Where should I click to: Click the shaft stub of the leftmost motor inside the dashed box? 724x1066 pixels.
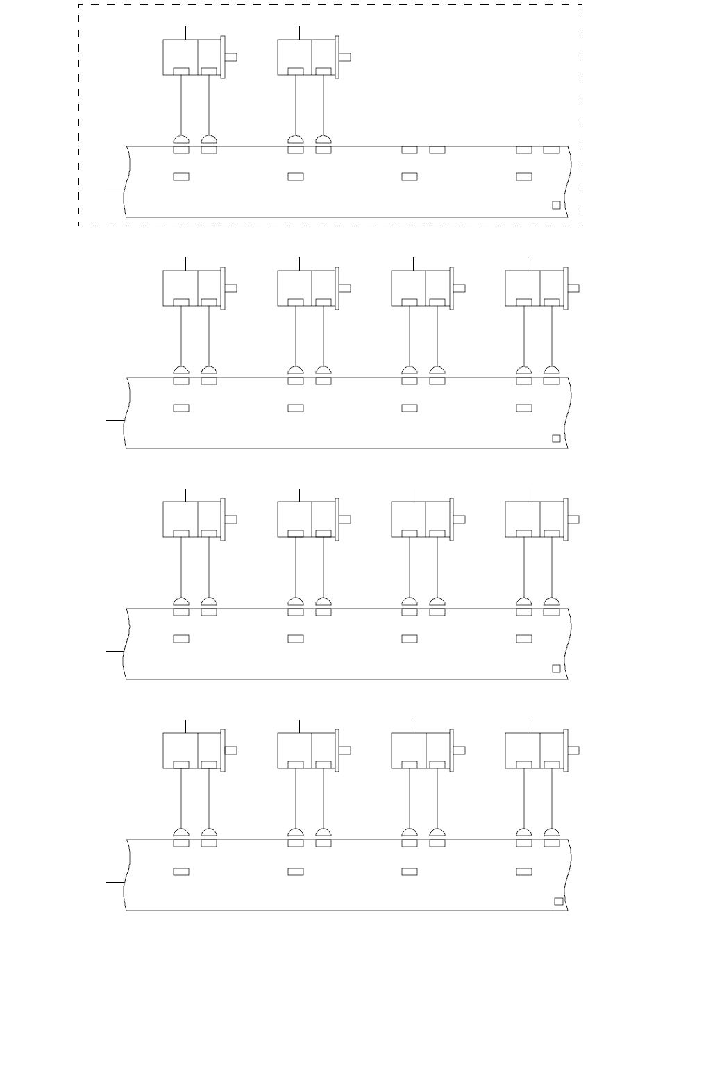click(230, 57)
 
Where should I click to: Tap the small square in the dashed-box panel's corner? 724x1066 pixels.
click(556, 205)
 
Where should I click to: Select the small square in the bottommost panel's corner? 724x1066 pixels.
click(559, 902)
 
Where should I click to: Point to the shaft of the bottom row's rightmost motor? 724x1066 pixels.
click(573, 750)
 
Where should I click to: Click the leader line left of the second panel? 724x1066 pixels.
click(115, 420)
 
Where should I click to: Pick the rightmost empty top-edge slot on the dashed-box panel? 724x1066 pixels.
click(551, 150)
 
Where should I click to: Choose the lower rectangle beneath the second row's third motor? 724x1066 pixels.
click(410, 408)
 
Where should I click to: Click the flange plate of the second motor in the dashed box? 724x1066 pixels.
click(337, 57)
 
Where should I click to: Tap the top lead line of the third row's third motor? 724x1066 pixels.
click(414, 495)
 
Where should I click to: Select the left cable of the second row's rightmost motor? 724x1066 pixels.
click(524, 336)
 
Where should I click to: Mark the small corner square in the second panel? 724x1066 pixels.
click(556, 439)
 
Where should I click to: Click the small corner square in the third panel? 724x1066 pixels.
click(556, 668)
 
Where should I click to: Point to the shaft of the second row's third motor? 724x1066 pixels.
click(460, 288)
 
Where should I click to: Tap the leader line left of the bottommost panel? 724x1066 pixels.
click(115, 883)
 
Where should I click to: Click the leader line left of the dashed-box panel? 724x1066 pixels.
click(115, 188)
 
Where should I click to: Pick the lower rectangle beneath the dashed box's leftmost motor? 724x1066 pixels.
click(181, 177)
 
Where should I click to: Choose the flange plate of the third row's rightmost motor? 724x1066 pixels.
click(566, 519)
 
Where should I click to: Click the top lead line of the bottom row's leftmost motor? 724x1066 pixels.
click(186, 726)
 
